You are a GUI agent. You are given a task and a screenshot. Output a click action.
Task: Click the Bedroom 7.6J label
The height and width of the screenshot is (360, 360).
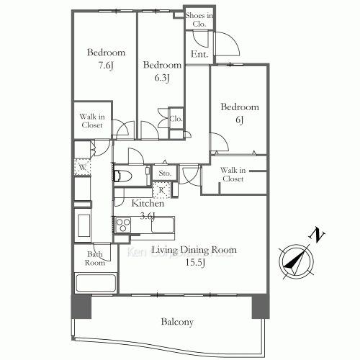pos(106,59)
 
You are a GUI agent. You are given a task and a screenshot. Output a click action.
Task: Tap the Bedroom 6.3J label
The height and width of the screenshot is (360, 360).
pos(156,71)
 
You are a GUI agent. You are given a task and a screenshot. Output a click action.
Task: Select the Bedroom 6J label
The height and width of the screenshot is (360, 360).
pos(239,113)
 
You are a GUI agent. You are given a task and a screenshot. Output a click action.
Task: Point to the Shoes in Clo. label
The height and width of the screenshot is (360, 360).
pos(198,19)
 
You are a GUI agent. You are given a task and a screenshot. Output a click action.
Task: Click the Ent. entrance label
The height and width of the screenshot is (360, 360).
pos(199,55)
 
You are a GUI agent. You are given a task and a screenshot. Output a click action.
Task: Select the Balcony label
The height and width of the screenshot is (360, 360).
pos(177,322)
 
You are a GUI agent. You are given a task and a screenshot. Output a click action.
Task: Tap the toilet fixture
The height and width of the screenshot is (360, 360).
pos(122,175)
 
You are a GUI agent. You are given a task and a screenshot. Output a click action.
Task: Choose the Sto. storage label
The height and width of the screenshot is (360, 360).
pos(164,174)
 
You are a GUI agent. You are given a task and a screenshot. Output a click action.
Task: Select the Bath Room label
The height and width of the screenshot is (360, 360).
pos(96,258)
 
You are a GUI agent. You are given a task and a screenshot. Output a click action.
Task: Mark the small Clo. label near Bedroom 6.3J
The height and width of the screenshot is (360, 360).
pos(175,119)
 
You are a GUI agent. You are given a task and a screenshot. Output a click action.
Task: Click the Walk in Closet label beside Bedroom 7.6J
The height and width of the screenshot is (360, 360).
pos(91,120)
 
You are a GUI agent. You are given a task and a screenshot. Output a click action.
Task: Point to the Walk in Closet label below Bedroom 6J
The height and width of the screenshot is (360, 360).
pos(232,175)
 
